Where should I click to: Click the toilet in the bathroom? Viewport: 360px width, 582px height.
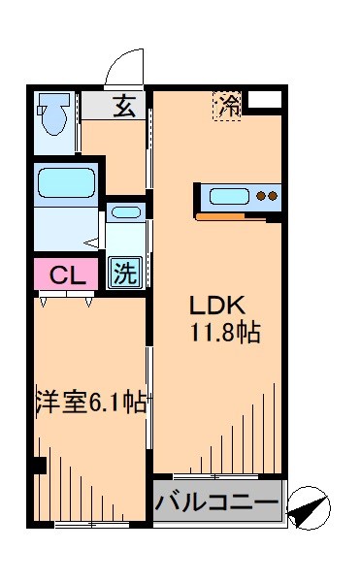tap(52, 116)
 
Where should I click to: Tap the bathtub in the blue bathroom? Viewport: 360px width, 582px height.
tap(65, 182)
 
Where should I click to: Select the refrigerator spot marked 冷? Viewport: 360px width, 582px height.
tap(228, 105)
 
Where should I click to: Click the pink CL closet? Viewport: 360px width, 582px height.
tap(65, 275)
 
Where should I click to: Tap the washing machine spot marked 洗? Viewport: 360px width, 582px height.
tap(123, 273)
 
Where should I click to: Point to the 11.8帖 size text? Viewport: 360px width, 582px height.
tap(223, 333)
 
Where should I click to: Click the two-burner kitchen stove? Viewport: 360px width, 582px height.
tap(267, 197)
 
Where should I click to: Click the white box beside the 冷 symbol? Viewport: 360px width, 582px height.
tap(265, 99)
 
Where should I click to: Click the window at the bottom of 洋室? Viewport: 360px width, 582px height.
tap(92, 525)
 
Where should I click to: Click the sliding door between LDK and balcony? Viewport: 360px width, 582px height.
tap(218, 476)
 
